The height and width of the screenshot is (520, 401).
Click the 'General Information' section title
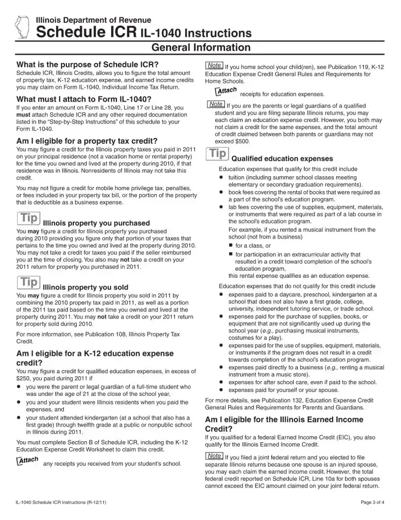point(200,48)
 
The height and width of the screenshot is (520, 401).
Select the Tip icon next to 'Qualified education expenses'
point(216,154)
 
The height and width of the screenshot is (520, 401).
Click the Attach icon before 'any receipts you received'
point(28,460)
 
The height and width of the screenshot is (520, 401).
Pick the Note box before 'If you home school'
point(214,65)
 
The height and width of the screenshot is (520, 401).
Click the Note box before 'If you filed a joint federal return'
point(214,455)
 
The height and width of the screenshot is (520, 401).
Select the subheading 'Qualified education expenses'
point(282,159)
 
